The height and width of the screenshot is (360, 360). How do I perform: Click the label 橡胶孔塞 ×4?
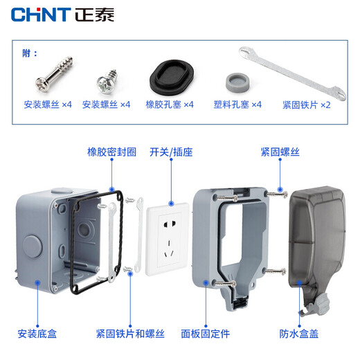pyautogui.click(x=169, y=105)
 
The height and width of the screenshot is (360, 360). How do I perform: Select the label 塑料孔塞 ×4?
pyautogui.click(x=237, y=105)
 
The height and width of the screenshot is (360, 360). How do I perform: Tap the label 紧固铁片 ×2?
pyautogui.click(x=306, y=105)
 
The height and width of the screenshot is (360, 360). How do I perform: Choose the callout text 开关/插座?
pyautogui.click(x=170, y=152)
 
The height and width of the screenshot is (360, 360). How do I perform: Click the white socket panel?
pyautogui.click(x=170, y=236)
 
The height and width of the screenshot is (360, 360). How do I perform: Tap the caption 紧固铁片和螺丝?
pyautogui.click(x=130, y=334)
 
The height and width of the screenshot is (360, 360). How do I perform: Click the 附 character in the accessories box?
pyautogui.click(x=27, y=53)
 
